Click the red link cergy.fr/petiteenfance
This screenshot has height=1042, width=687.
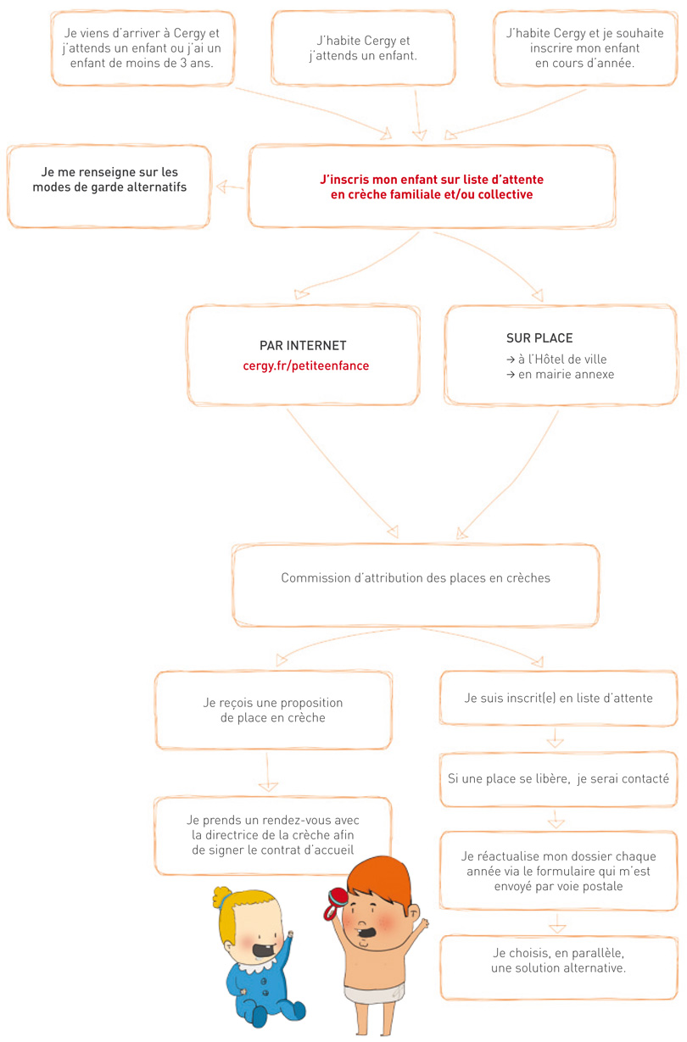coord(306,365)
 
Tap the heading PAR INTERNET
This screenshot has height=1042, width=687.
coord(303,346)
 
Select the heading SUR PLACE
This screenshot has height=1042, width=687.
coord(539,337)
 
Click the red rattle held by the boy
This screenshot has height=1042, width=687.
coord(335,903)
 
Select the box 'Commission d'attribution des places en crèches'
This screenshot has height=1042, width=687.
coord(416,585)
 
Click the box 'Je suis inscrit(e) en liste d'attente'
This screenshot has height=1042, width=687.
coord(559,698)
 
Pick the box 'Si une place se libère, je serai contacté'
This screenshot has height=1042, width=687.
coord(559,779)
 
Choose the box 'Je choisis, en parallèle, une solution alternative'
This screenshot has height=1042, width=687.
coord(559,967)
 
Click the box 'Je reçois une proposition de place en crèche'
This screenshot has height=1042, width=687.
coord(273,710)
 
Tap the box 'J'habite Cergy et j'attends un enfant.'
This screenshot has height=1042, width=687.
coord(363,48)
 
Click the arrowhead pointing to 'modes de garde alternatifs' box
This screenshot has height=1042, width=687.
coord(221,187)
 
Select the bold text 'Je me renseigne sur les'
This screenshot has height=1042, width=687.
coord(110,172)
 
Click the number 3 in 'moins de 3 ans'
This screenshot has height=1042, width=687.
coord(183,63)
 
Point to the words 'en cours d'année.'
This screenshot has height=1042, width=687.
coord(585,64)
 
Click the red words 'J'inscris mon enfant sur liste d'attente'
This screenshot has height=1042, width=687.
coord(432,180)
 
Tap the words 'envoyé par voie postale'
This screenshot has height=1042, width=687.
coord(559,886)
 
